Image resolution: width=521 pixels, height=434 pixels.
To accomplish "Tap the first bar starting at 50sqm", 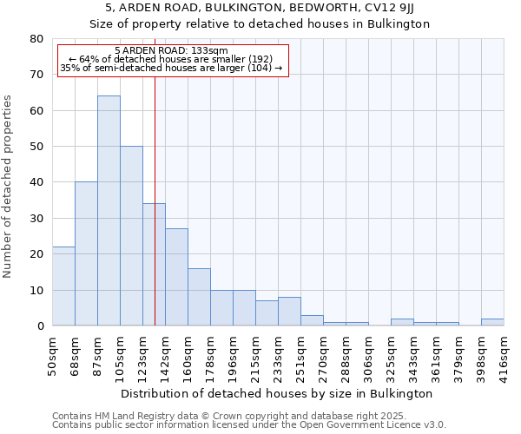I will pos(63,286).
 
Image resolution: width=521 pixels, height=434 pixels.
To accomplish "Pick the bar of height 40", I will pos(86,253).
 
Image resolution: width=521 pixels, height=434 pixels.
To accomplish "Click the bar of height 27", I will pos(176,277).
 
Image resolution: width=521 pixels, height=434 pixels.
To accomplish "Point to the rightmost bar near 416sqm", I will pos(492,322).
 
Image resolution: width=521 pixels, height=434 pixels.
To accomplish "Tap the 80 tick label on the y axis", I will pos(36,39).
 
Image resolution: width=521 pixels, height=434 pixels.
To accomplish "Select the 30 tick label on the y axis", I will pos(36,218).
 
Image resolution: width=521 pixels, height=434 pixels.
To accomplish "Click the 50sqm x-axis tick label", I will pos(52,355).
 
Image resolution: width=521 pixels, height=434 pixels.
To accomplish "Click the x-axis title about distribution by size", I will pos(277,393).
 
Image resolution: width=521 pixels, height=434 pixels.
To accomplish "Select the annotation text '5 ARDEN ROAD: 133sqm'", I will pos(171,51).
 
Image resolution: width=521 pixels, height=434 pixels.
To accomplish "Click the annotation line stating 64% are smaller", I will pos(171,59).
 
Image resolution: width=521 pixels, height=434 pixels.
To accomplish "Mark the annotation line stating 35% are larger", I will pos(171,68).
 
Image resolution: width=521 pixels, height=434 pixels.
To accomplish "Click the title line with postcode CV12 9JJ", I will pos(260,9).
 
